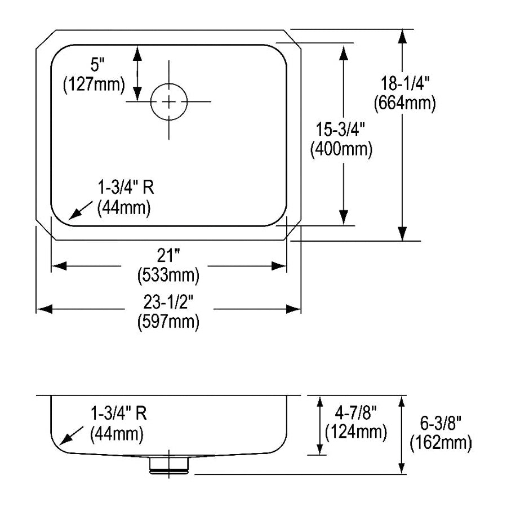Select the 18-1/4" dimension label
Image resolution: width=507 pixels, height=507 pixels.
[404, 83]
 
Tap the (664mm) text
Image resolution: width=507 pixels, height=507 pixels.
[405, 104]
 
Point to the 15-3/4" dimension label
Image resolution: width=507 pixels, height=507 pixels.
[340, 130]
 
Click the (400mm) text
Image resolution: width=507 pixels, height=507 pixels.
[341, 149]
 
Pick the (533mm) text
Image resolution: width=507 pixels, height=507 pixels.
[168, 276]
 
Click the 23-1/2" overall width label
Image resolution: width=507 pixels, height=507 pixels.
[168, 302]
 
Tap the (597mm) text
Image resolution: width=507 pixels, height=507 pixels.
[168, 322]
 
